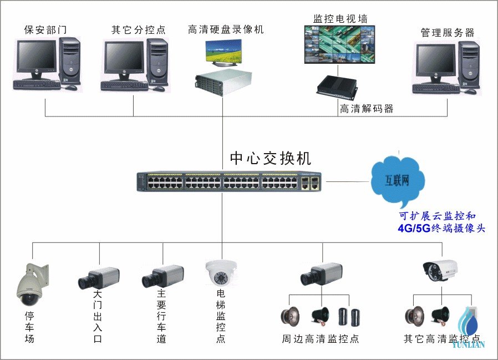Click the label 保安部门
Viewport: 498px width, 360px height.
point(45,30)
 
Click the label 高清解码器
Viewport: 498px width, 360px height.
point(367,109)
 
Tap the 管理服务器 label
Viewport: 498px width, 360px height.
point(448,33)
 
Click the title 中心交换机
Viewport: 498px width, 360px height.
point(271,158)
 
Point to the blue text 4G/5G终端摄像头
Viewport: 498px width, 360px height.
point(441,228)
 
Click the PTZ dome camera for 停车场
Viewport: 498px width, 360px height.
point(29,286)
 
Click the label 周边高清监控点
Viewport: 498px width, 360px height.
point(320,338)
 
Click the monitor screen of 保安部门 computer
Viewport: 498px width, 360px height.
point(36,57)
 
